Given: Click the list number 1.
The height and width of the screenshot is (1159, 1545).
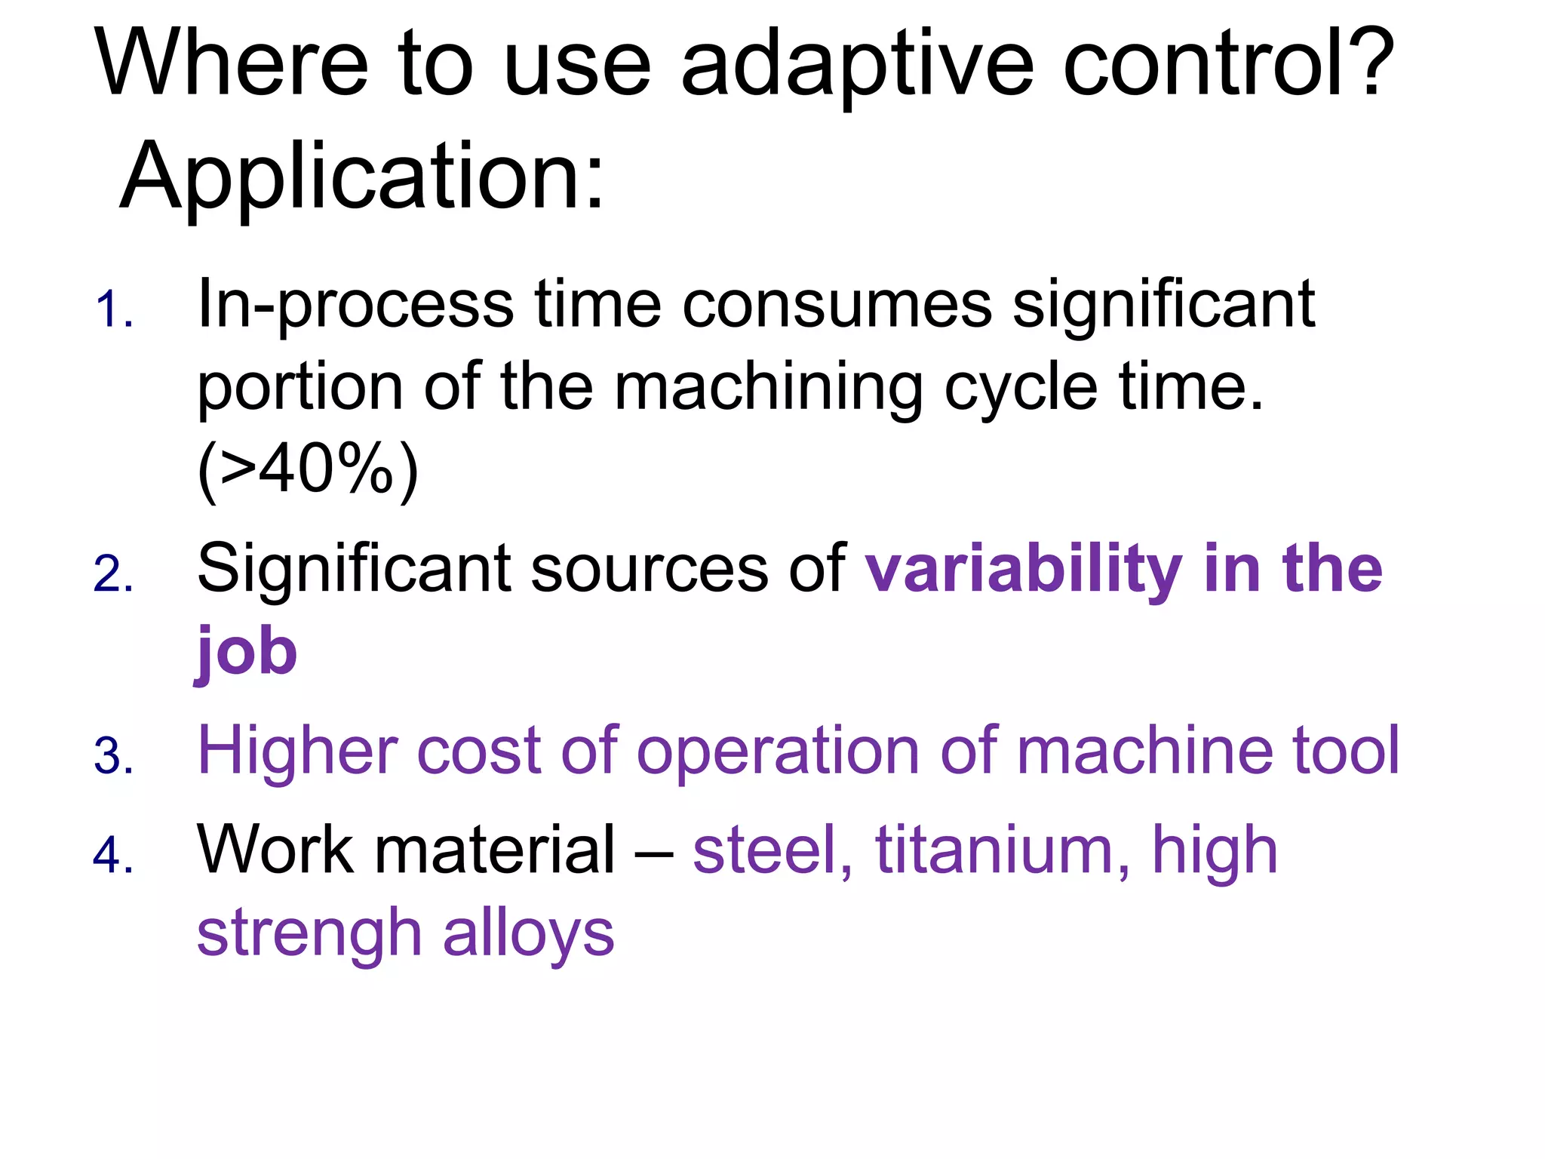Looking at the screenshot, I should point(114,310).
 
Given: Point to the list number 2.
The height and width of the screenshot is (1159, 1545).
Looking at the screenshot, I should point(114,574).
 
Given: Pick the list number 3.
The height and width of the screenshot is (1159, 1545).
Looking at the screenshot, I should point(114,756).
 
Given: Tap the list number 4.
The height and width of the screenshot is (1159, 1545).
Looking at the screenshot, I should point(114,856).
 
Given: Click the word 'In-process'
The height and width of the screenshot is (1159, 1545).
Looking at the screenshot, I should point(355,306).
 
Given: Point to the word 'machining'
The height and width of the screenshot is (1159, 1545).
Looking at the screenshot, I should point(769,388).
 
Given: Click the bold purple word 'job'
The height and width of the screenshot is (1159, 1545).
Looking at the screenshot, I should point(247,653).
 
